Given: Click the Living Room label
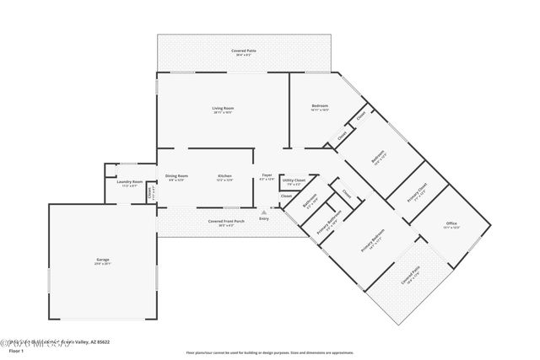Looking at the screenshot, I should (223, 108).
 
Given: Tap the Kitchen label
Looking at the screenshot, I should (224, 175).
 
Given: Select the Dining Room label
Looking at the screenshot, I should (177, 175).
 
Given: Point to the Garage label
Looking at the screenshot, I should (102, 260).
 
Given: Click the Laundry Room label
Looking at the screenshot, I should (129, 182).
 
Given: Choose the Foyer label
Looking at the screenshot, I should (267, 175).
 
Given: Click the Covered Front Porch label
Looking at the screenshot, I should (227, 221).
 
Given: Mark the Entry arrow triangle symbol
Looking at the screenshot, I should (265, 211).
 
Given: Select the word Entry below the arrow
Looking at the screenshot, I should (265, 218).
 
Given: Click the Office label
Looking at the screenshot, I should (451, 224).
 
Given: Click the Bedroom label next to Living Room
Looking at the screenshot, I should (319, 105).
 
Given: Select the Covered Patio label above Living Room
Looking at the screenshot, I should (246, 52).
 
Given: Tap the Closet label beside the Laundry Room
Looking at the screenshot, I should (150, 193).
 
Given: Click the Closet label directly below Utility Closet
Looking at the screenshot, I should (286, 196).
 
